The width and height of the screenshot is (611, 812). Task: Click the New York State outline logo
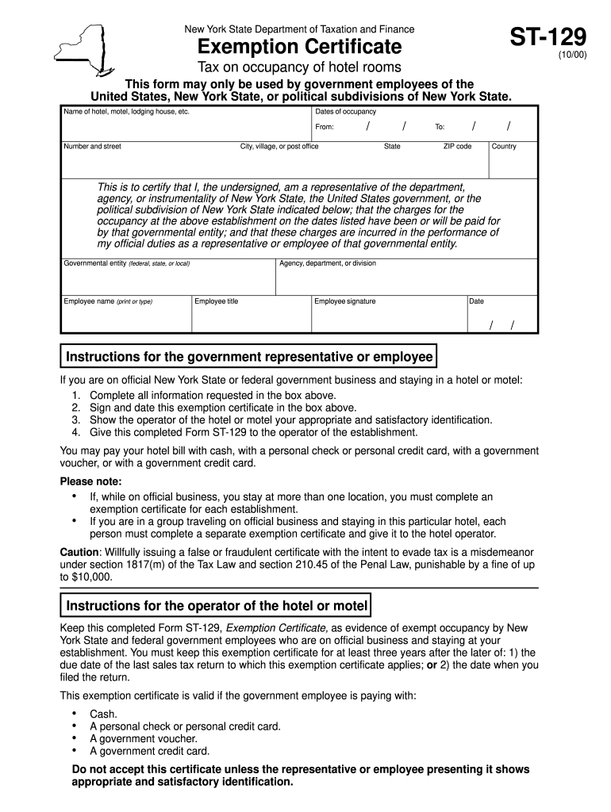click(x=82, y=48)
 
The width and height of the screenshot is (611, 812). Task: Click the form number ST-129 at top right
click(x=548, y=39)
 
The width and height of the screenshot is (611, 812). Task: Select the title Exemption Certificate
click(x=300, y=47)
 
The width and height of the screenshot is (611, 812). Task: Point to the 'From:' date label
click(x=325, y=127)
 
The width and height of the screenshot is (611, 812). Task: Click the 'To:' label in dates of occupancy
click(x=440, y=127)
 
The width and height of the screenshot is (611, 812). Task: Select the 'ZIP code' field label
click(x=457, y=147)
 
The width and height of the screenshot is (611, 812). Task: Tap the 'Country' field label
click(x=504, y=147)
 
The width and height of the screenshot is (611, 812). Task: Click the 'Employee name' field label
click(x=108, y=301)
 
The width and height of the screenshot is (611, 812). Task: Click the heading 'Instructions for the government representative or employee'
click(x=249, y=357)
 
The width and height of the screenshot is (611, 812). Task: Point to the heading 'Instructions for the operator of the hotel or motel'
click(x=217, y=606)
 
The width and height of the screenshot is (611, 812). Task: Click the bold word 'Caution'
click(x=79, y=552)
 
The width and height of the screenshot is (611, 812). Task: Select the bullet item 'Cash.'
click(x=103, y=714)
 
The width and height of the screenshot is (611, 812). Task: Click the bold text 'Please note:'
click(x=91, y=481)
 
